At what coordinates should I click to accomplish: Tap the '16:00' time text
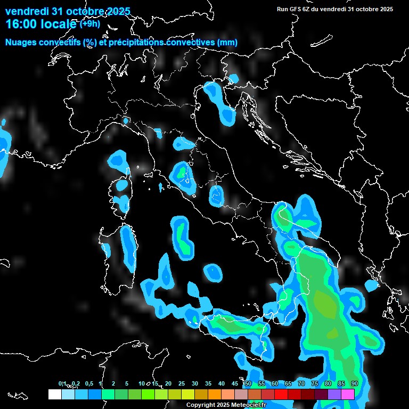(20, 23)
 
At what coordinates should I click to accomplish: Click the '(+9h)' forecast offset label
(89, 23)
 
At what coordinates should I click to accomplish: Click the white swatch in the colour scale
(54, 394)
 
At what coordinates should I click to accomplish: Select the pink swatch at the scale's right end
(348, 394)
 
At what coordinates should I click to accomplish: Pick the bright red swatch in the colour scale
(281, 394)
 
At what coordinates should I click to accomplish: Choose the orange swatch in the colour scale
(215, 394)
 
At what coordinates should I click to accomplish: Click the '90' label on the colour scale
(354, 384)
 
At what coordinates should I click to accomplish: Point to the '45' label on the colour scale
(235, 384)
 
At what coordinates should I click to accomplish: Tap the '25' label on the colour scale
(182, 384)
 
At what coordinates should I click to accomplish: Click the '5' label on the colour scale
(127, 384)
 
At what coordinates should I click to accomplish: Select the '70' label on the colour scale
(301, 384)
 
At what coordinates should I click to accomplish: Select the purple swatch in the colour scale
(334, 394)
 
